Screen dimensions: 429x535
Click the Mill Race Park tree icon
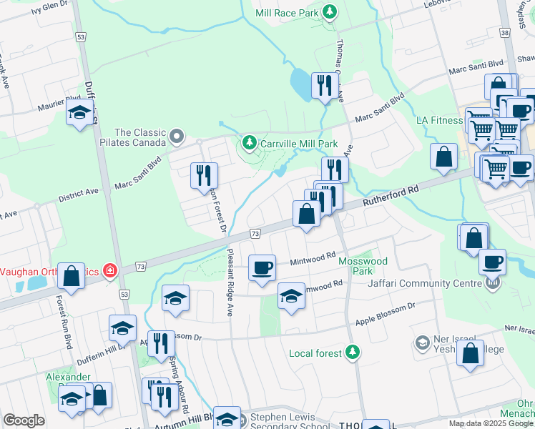[330, 12]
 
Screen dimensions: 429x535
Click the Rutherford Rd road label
[391, 197]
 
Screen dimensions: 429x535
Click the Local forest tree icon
[352, 352]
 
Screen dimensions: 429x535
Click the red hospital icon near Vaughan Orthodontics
[110, 270]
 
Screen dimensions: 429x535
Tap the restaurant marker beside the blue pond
[325, 86]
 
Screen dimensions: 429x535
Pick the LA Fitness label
[440, 120]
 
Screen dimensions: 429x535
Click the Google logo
[24, 420]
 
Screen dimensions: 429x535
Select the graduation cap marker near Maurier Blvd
[79, 112]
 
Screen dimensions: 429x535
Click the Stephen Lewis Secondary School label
[290, 422]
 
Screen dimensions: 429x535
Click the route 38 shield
[506, 32]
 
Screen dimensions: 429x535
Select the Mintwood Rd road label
[313, 258]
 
